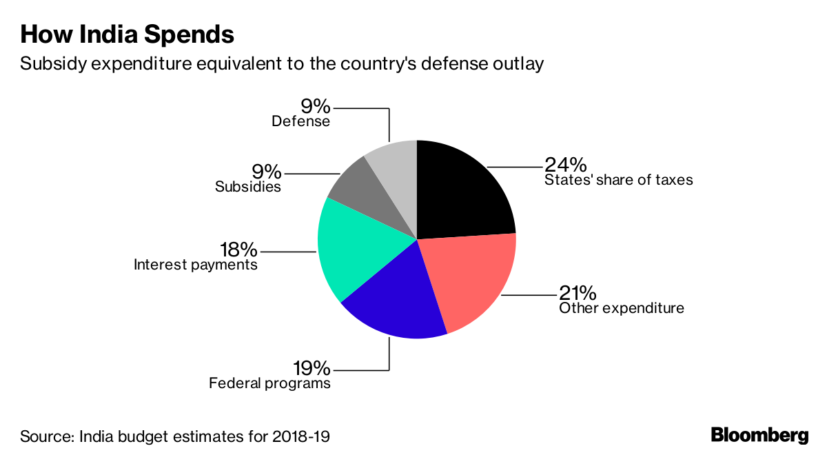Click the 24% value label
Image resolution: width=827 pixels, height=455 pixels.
565,165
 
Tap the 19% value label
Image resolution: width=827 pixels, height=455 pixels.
310,367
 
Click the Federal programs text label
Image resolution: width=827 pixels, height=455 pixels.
270,383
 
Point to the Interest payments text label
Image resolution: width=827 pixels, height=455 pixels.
196,265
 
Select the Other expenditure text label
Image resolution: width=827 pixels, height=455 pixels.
622,308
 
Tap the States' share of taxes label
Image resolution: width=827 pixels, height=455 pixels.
618,181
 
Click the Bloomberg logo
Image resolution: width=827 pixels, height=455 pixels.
759,436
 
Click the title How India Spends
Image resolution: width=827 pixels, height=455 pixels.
127,34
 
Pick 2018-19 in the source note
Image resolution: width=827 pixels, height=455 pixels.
304,436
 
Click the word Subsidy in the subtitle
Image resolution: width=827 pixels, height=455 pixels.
46,64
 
